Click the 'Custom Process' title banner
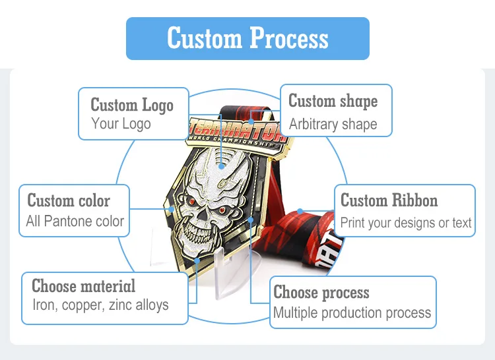coord(247,38)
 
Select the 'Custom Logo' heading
coord(132,105)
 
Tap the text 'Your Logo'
coord(121,123)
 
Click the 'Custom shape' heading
coord(333,101)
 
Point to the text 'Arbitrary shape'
coord(333,124)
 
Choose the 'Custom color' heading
coord(69,200)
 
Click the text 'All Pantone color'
coord(75,221)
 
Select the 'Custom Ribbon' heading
coord(389,200)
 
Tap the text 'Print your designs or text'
coord(406,223)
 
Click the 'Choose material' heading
coord(84,286)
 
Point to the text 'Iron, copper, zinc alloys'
coord(100,305)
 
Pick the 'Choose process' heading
coord(321,292)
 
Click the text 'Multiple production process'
coord(352,313)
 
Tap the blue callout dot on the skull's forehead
coord(221,166)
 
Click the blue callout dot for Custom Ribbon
coord(300,211)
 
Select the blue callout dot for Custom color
coord(171,209)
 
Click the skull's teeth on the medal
coord(195,234)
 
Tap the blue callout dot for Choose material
coord(197,260)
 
